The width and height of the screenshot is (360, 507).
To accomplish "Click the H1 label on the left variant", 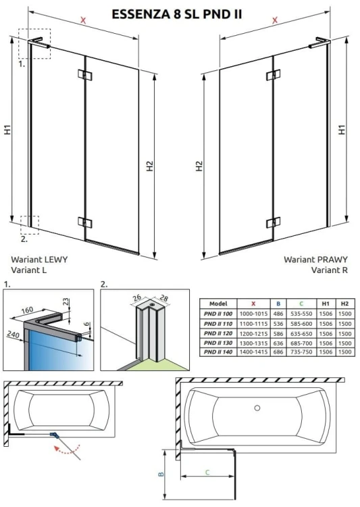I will tap(7, 129).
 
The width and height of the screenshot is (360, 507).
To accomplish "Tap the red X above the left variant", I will tap(84, 21).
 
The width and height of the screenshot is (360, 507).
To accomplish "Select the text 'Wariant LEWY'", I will tap(39, 259).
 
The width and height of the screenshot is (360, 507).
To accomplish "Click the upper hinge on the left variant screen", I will tap(82, 74).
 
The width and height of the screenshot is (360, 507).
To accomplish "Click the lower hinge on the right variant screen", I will tap(272, 222).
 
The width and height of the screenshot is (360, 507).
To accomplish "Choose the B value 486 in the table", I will tap(278, 314).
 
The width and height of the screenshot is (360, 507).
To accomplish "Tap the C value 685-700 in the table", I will tap(303, 343).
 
